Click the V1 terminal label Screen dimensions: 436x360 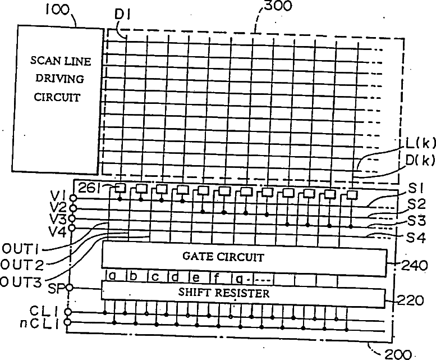(57, 194)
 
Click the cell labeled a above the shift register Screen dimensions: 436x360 (112, 276)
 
